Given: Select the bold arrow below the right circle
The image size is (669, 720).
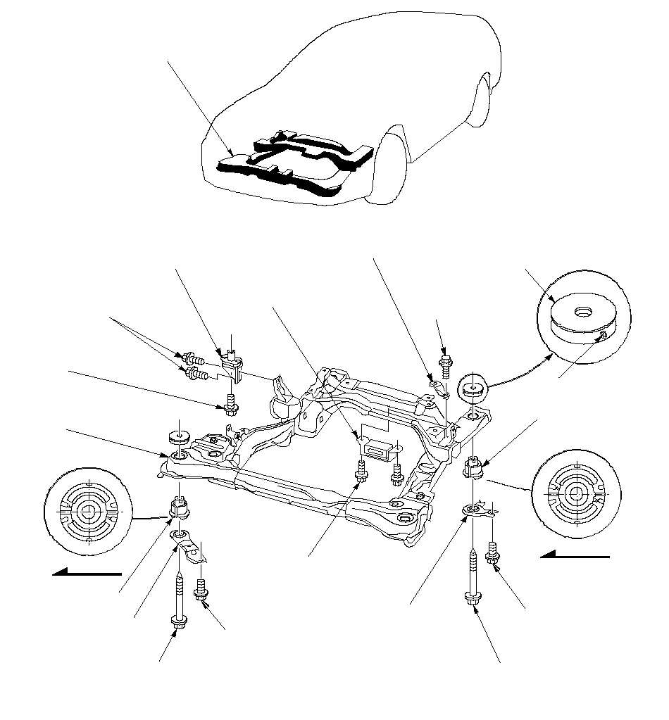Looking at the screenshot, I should (x=575, y=557).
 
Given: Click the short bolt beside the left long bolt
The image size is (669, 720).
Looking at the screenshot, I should (x=201, y=589).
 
